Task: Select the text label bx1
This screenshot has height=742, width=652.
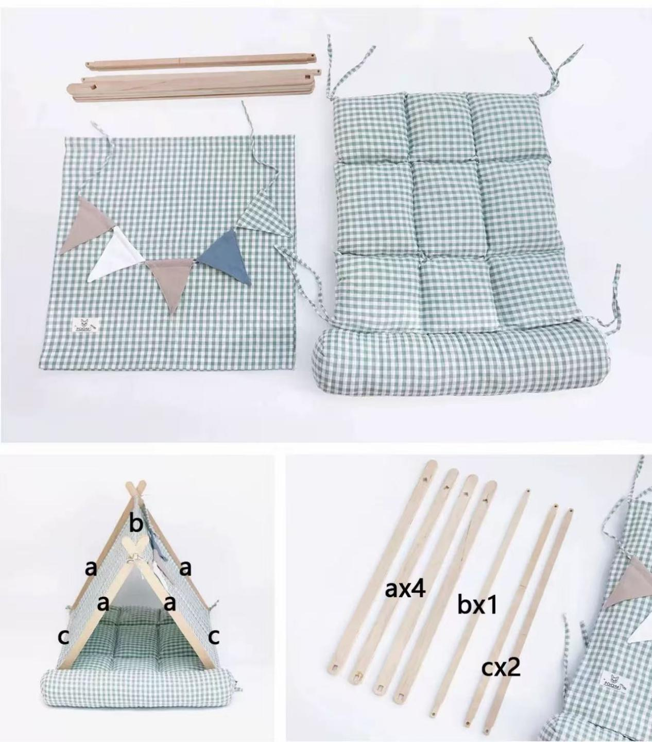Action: pos(477,605)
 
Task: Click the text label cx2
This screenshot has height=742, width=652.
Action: pos(501,668)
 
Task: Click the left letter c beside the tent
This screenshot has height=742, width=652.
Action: pos(63,637)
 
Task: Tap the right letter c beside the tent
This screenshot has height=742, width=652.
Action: pos(214,637)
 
